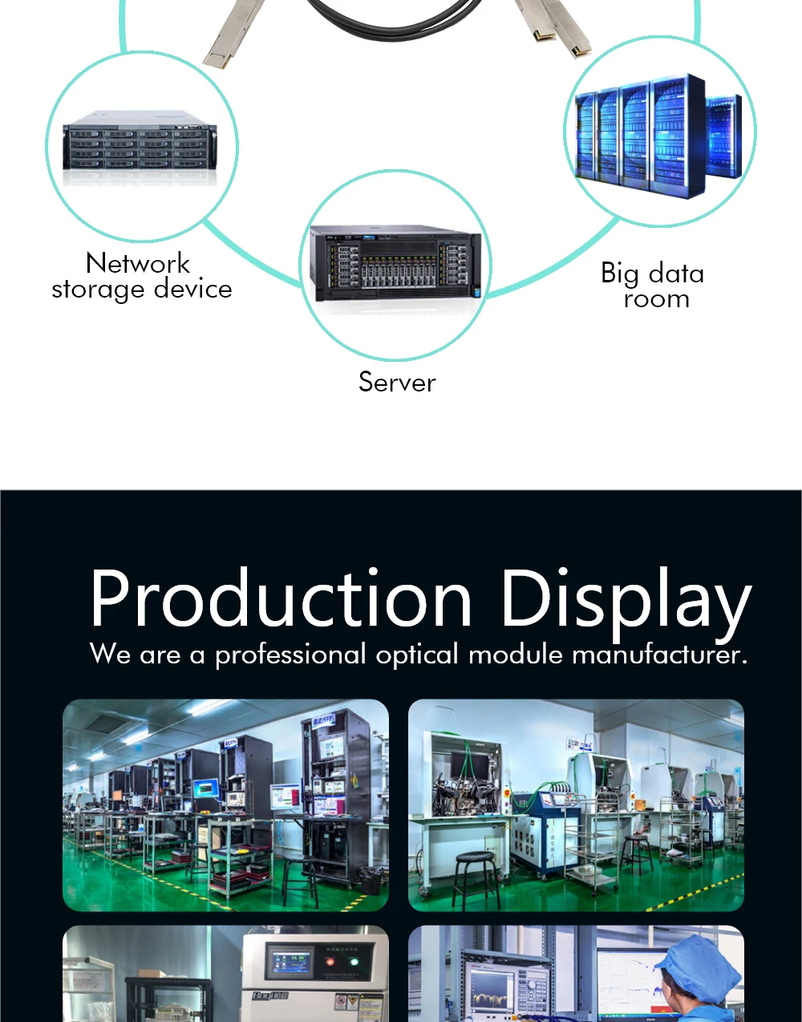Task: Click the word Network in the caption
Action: pos(138,263)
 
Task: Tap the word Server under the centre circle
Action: pos(397,382)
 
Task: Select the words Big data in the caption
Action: pos(652,274)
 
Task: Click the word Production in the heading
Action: pos(282,598)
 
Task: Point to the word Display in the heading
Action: pos(625,600)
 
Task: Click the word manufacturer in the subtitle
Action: pos(659,655)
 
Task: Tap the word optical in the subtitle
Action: pos(418,655)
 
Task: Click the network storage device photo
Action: pos(141,144)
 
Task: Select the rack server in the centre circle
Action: pos(397,262)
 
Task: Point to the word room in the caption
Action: pos(656,299)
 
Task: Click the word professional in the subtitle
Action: pos(290,655)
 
